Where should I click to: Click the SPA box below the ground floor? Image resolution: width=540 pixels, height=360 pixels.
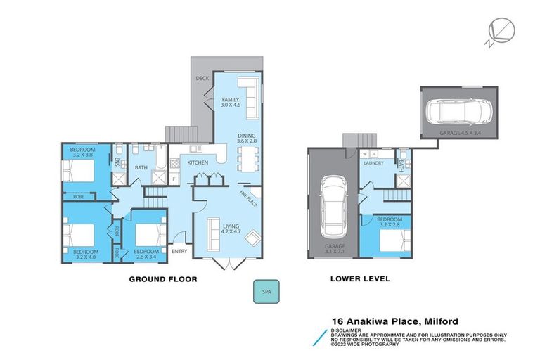coord(265,292)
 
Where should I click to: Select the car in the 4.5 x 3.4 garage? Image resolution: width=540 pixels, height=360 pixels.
coord(457,112)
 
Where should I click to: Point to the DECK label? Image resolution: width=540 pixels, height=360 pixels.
coord(202,79)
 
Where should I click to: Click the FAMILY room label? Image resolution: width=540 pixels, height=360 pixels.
coord(231,102)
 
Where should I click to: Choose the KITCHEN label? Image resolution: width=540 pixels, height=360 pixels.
coord(198,163)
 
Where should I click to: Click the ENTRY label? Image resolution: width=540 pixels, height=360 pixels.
coord(179,251)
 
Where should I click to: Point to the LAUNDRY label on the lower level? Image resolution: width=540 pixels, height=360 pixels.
coord(373,163)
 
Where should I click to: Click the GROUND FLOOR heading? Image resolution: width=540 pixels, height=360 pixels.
coord(162,279)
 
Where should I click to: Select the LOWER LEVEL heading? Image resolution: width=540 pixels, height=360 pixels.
coord(360,279)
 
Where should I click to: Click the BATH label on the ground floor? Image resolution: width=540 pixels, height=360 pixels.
coord(141,167)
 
